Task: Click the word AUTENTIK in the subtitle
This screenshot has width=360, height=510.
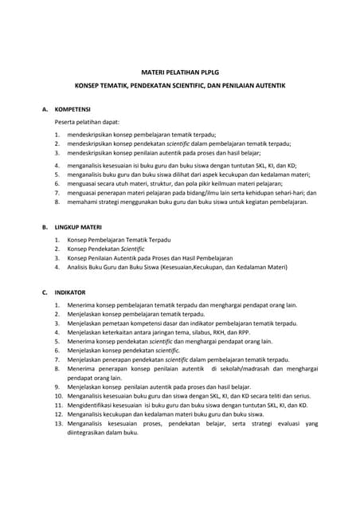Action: [267, 84]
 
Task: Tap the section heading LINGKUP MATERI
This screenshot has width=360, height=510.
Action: [79, 227]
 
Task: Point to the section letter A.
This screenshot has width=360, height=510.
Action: [45, 108]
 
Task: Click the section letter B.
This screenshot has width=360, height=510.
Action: [45, 227]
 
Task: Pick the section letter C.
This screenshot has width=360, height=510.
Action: [45, 292]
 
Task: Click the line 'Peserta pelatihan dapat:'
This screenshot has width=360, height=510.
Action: [87, 122]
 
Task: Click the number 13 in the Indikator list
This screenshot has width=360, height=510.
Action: [58, 424]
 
